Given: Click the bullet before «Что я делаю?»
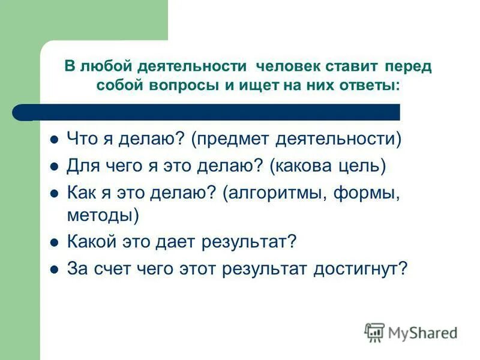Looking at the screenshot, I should tap(54, 140).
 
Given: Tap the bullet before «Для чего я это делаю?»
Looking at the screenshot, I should tap(54, 166).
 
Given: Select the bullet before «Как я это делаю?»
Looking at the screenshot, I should tap(54, 193).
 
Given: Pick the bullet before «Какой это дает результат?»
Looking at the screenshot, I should tap(54, 242).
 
